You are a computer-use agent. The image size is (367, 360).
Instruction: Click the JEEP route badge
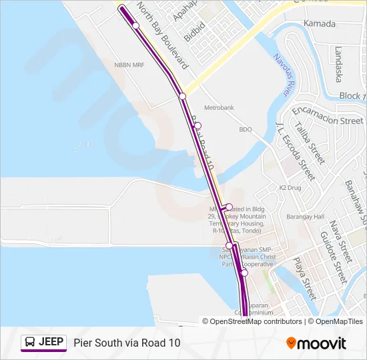pyautogui.click(x=44, y=342)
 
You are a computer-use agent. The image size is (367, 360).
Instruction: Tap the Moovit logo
pyautogui.click(x=316, y=343)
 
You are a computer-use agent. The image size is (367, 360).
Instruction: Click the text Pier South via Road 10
pyautogui.click(x=127, y=343)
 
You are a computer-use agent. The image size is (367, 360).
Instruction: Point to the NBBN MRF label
pyautogui.click(x=130, y=65)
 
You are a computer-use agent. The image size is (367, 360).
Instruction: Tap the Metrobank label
pyautogui.click(x=219, y=107)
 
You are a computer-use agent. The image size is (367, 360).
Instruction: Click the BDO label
pyautogui.click(x=246, y=129)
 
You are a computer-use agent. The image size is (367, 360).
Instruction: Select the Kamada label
pyautogui.click(x=319, y=23)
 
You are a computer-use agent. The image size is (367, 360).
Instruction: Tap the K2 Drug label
pyautogui.click(x=290, y=188)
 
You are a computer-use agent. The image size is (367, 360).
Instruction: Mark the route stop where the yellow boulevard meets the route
pyautogui.click(x=181, y=97)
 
